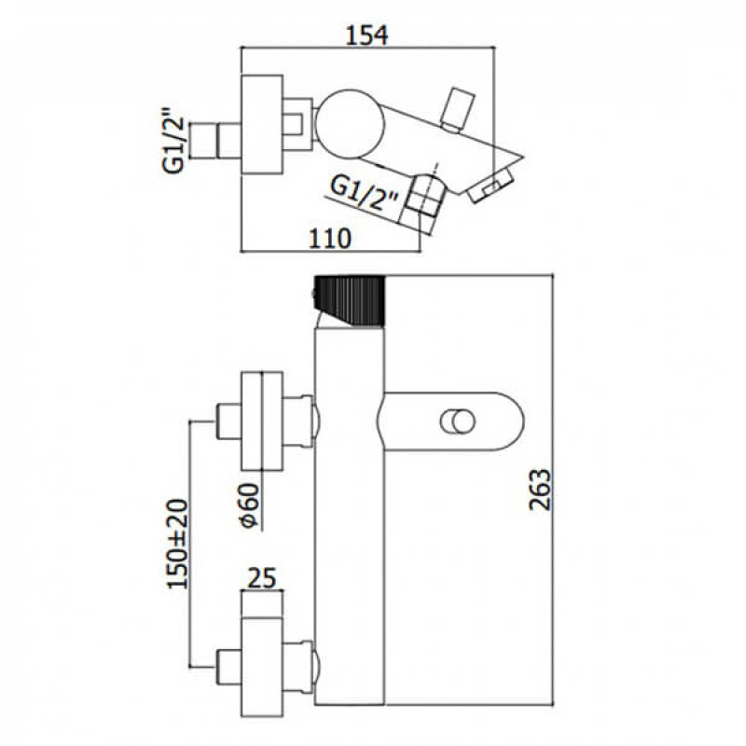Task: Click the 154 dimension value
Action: click(366, 35)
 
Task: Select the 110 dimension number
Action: click(330, 239)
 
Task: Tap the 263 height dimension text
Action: click(540, 490)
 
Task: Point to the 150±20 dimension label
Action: click(177, 544)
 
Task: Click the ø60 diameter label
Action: click(249, 505)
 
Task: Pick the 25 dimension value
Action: click(263, 578)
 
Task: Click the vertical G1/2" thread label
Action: click(173, 142)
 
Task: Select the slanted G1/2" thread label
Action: click(364, 194)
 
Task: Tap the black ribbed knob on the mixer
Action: click(349, 300)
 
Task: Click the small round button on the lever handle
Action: click(458, 421)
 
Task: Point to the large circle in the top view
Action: click(350, 124)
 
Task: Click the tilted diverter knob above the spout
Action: click(457, 109)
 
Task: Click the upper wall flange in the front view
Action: click(262, 421)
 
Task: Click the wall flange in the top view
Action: click(262, 125)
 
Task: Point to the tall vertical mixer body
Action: click(350, 517)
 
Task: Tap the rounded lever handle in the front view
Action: click(451, 421)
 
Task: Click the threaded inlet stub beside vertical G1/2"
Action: click(215, 141)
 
